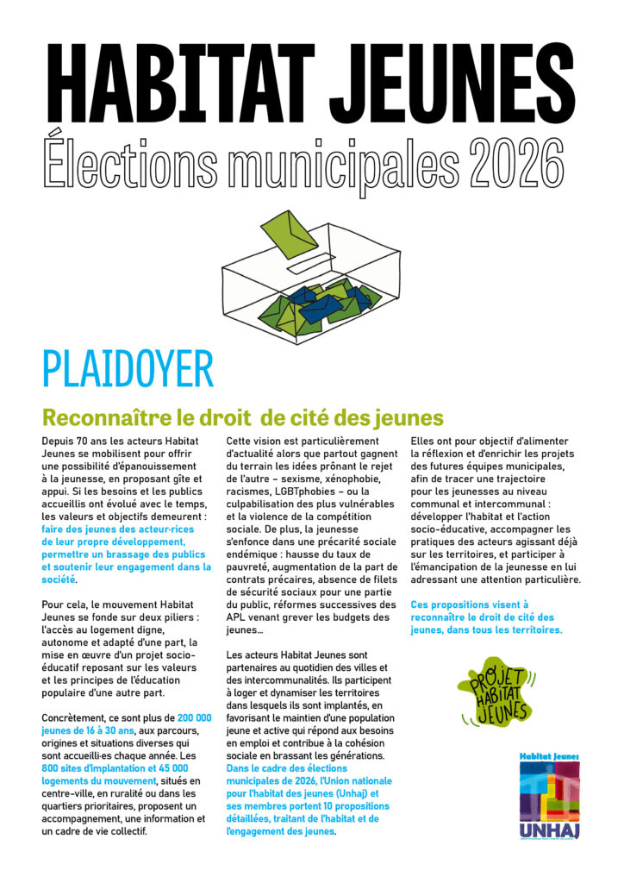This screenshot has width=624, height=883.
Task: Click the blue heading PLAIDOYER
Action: pos(128,369)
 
